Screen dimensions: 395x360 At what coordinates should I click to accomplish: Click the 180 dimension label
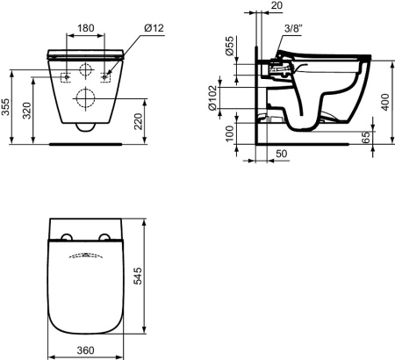(x=86, y=28)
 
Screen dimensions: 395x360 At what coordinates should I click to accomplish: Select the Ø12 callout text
(x=154, y=28)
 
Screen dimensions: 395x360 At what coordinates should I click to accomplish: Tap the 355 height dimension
(x=5, y=107)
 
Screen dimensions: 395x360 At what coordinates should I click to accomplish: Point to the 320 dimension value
(x=27, y=111)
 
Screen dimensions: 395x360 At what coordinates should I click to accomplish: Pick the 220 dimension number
(x=138, y=121)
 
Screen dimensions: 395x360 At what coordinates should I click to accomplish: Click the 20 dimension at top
(x=276, y=5)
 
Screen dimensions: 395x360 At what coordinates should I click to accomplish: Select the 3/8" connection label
(x=293, y=28)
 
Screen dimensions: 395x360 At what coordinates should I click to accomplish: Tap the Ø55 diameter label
(x=230, y=46)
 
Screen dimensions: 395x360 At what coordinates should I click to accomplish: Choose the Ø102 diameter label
(x=212, y=98)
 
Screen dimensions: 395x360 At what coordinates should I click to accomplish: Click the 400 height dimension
(x=385, y=102)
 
